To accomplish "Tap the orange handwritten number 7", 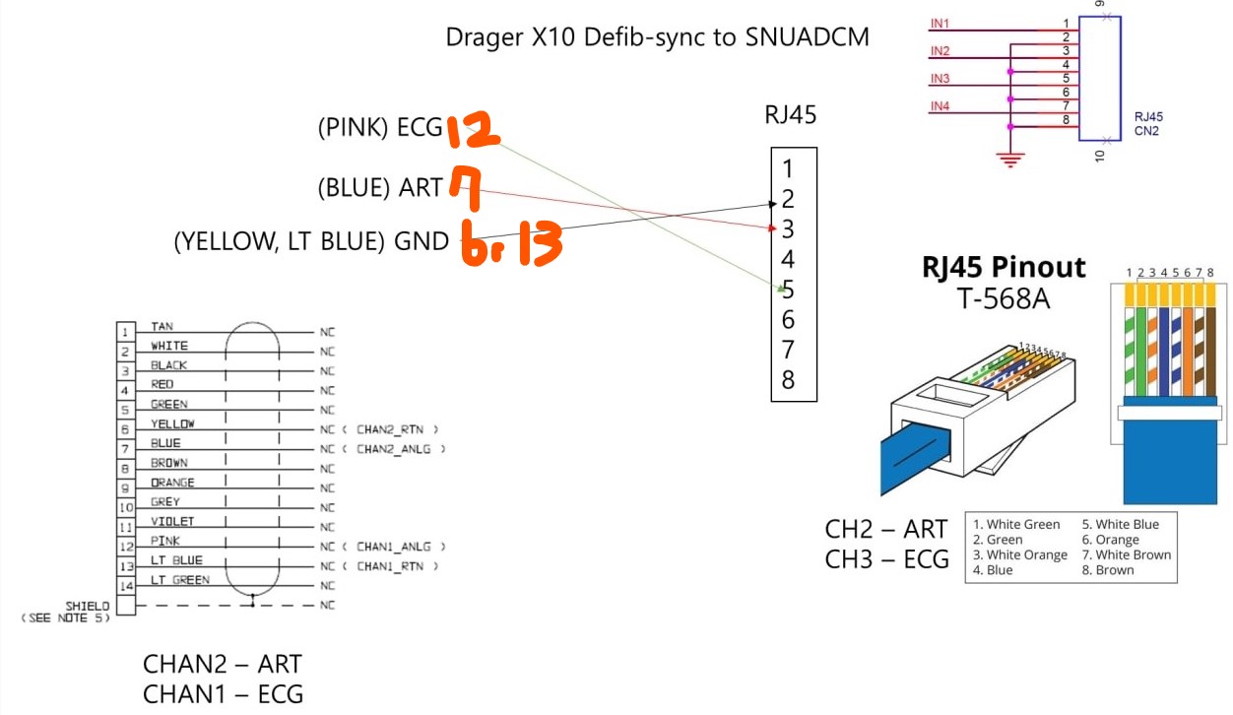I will pos(465,187).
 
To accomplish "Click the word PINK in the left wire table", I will pos(164,541).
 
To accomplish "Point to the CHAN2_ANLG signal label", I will pos(401,449).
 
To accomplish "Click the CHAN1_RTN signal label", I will pos(397,566).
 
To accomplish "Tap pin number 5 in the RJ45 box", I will pos(788,290).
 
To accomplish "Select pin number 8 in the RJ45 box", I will pos(788,379).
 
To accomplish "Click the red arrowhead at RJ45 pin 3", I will pos(773,228).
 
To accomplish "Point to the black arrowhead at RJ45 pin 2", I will pos(773,204).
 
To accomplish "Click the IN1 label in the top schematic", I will pos(940,23).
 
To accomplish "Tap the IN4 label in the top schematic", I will pos(940,106).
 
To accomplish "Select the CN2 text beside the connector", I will pos(1146,130).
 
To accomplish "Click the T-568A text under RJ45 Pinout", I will pos(1004,296).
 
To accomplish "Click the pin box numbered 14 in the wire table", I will pos(125,586).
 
